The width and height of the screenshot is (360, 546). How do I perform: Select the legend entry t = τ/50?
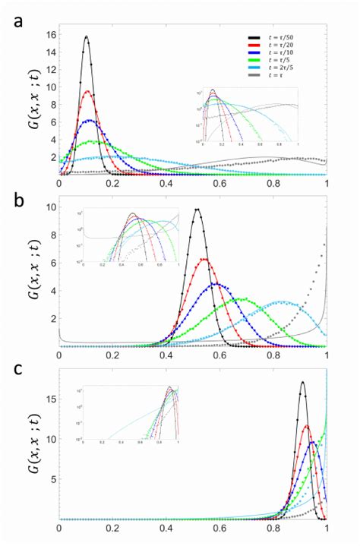tap(283, 36)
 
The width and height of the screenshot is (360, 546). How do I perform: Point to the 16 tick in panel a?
tap(50, 35)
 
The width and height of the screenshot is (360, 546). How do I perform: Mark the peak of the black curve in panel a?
tap(87, 36)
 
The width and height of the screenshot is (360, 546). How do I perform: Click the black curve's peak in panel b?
tap(197, 210)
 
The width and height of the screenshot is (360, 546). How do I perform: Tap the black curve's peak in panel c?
tap(302, 382)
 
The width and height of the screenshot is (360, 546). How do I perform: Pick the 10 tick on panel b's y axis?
tap(50, 207)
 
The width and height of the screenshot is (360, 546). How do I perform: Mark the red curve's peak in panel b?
tap(204, 259)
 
